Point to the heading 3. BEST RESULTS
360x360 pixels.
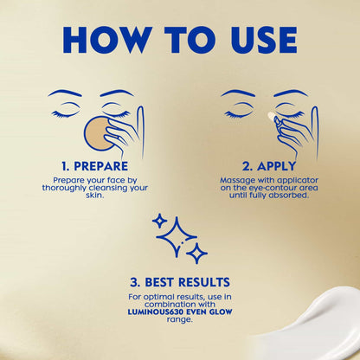pos(180,282)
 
